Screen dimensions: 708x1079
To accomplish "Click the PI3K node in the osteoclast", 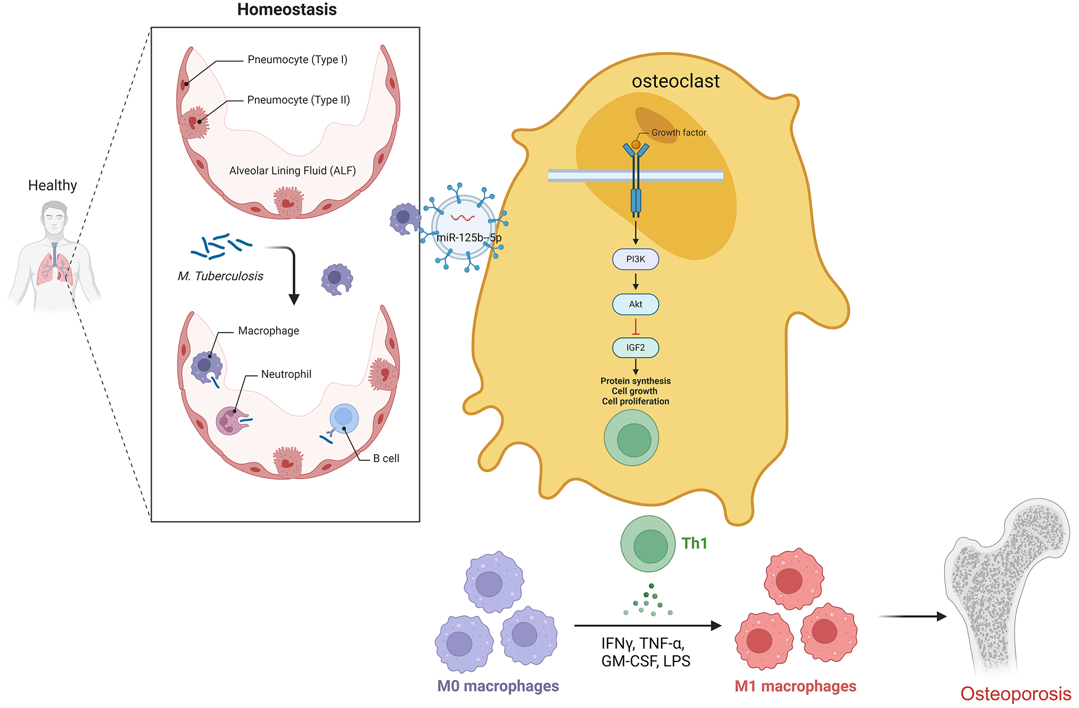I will point(635,259).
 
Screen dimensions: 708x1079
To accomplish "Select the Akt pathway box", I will point(635,304).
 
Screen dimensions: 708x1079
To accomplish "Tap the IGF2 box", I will point(635,348).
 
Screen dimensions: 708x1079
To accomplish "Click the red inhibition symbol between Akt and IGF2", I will point(635,327).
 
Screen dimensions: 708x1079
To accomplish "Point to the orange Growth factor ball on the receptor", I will point(636,144).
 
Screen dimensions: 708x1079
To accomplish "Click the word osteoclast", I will point(675,81).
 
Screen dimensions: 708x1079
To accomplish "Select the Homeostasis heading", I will point(287,10).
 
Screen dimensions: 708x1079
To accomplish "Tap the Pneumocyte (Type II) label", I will point(298,100).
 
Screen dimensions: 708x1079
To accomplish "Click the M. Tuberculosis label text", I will point(220,276).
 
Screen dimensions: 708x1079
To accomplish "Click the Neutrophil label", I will point(286,374).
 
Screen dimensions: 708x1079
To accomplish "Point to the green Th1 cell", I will point(648,544).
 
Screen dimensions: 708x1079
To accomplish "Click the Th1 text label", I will point(695,543).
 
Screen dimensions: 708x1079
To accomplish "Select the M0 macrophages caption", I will point(498,686).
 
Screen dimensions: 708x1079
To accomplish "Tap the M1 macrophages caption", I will point(795,686).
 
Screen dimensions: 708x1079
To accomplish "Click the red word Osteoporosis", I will point(1015,694).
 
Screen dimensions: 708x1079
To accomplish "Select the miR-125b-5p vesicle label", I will point(469,237).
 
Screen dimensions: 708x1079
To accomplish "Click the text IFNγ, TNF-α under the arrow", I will point(643,644).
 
